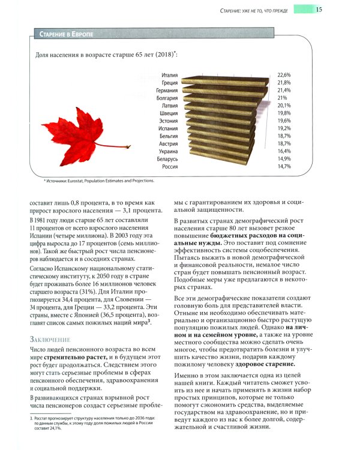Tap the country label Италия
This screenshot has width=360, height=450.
click(x=169, y=75)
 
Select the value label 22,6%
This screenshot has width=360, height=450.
click(x=284, y=75)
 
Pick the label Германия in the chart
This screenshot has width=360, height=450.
click(x=167, y=90)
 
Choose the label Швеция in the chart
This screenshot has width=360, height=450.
click(x=169, y=113)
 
